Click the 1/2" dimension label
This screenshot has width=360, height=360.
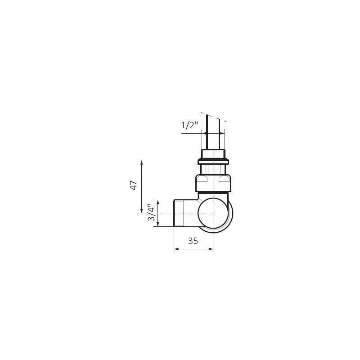click(189, 126)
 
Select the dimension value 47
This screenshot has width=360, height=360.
click(134, 185)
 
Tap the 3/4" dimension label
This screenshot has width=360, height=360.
click(151, 212)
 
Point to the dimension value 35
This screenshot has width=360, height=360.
click(193, 241)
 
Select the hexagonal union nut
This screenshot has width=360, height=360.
click(213, 183)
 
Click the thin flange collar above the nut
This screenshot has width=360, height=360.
click(213, 162)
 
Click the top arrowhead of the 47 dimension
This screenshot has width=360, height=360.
click(141, 162)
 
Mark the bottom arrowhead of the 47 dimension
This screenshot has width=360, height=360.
click(141, 211)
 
